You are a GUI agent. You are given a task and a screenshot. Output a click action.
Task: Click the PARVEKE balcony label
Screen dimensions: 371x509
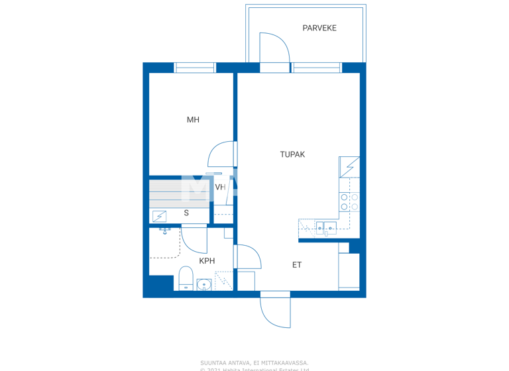coord(319,28)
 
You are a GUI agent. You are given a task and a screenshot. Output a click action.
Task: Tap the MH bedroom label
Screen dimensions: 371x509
coord(193,120)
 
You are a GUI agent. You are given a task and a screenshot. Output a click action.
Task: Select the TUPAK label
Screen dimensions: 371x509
coord(292,154)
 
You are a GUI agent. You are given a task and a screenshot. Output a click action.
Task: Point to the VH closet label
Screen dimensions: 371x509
coord(220,187)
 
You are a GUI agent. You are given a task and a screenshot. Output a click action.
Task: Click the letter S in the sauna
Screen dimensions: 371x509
coord(186,213)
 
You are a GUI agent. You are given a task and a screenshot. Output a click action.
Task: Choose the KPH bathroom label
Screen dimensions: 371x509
coord(207,261)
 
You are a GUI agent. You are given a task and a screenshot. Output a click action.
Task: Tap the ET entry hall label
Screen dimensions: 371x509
coord(297,265)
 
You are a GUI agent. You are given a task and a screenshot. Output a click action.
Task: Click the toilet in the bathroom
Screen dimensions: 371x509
coord(186,279)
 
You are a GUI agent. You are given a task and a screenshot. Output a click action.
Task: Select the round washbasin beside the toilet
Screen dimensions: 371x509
coord(204,285)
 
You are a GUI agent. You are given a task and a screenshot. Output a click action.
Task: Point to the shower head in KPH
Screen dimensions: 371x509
coord(165,231)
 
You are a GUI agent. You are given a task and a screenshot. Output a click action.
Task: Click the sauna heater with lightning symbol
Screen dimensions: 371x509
coord(159,216)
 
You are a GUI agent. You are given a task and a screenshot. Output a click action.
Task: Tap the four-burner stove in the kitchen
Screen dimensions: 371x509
coord(349,202)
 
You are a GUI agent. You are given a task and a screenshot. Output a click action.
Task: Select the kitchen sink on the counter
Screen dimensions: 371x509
coord(326,229)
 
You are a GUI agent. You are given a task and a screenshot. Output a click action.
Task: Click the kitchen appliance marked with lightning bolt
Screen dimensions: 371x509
coord(349,167)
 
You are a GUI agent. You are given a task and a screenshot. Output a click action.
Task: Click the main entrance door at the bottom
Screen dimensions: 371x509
coord(275,310)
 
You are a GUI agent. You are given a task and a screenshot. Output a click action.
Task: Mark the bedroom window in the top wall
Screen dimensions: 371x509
coord(195,68)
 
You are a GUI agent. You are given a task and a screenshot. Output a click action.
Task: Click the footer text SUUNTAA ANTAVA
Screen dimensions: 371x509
coord(254,362)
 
